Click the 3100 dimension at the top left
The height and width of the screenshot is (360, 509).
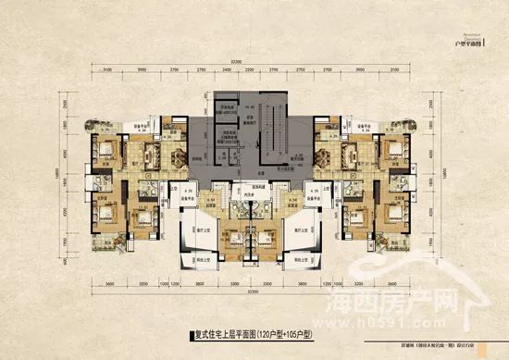[108, 70]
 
